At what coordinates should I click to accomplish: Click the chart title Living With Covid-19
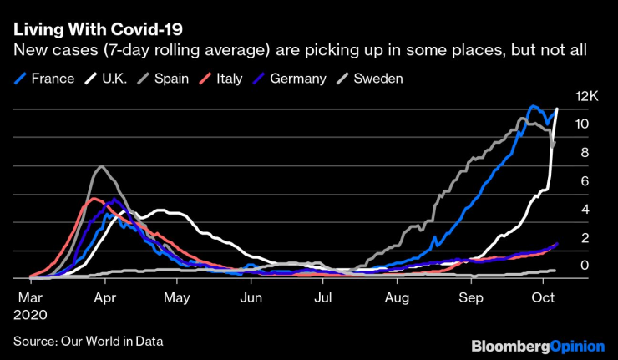pos(98,28)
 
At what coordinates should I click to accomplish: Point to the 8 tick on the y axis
pos(583,152)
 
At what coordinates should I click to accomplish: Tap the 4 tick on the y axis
pos(583,209)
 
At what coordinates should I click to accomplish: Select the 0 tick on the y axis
pos(583,266)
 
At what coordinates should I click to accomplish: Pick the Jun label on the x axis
pos(251,297)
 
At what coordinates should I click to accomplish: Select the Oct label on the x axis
pos(544,297)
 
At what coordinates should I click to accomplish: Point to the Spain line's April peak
pos(101,167)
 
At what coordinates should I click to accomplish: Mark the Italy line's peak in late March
pos(90,199)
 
